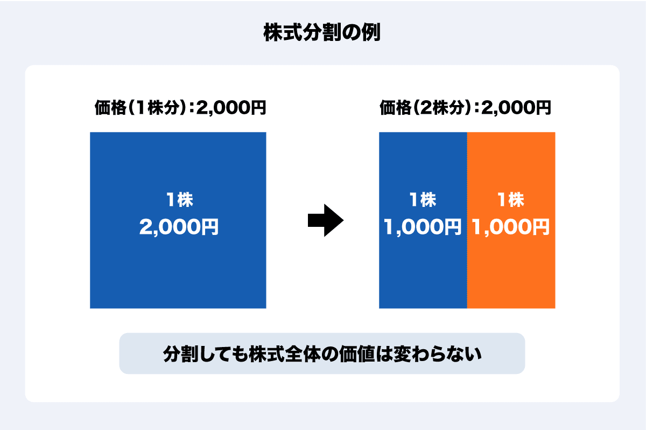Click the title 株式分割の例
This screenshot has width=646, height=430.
tap(322, 32)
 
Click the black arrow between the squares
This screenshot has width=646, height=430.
tap(325, 220)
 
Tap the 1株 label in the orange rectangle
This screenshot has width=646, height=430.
tap(510, 200)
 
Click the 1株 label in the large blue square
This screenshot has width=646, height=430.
tap(179, 200)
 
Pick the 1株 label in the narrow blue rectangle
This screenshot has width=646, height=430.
tap(423, 200)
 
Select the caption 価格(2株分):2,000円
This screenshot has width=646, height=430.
tap(466, 108)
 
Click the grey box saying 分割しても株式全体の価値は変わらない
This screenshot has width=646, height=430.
tap(322, 353)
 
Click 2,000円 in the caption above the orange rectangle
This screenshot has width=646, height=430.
tap(516, 108)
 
